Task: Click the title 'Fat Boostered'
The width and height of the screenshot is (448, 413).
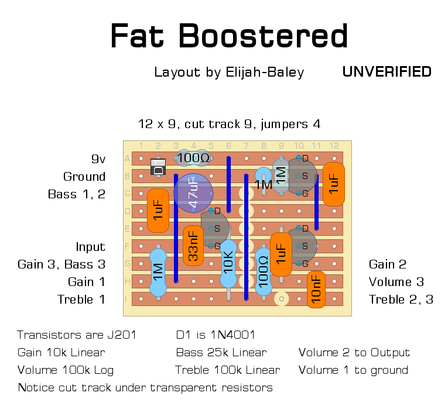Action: (229, 36)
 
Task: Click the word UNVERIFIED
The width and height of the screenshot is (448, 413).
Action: (387, 72)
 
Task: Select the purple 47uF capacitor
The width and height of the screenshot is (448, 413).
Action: (193, 192)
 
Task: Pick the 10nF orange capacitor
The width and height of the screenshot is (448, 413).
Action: (316, 290)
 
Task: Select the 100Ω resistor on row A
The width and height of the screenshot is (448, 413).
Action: (193, 157)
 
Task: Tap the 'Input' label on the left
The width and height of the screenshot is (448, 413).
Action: (90, 247)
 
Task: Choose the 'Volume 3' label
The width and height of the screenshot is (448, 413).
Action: (396, 282)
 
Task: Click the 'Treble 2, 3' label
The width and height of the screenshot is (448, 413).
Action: (401, 300)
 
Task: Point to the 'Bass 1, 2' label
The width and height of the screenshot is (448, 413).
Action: (77, 194)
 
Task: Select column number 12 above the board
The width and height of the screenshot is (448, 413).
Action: (334, 146)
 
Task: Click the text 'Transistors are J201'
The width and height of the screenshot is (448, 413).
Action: (77, 335)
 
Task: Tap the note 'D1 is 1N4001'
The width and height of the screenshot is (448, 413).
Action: (216, 335)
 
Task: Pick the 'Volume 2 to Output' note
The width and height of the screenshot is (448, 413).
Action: (354, 353)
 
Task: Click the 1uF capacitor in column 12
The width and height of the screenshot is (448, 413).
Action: (334, 184)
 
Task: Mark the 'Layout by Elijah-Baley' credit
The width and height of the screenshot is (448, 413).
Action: (229, 72)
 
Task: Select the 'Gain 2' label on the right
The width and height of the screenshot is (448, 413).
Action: (387, 264)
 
